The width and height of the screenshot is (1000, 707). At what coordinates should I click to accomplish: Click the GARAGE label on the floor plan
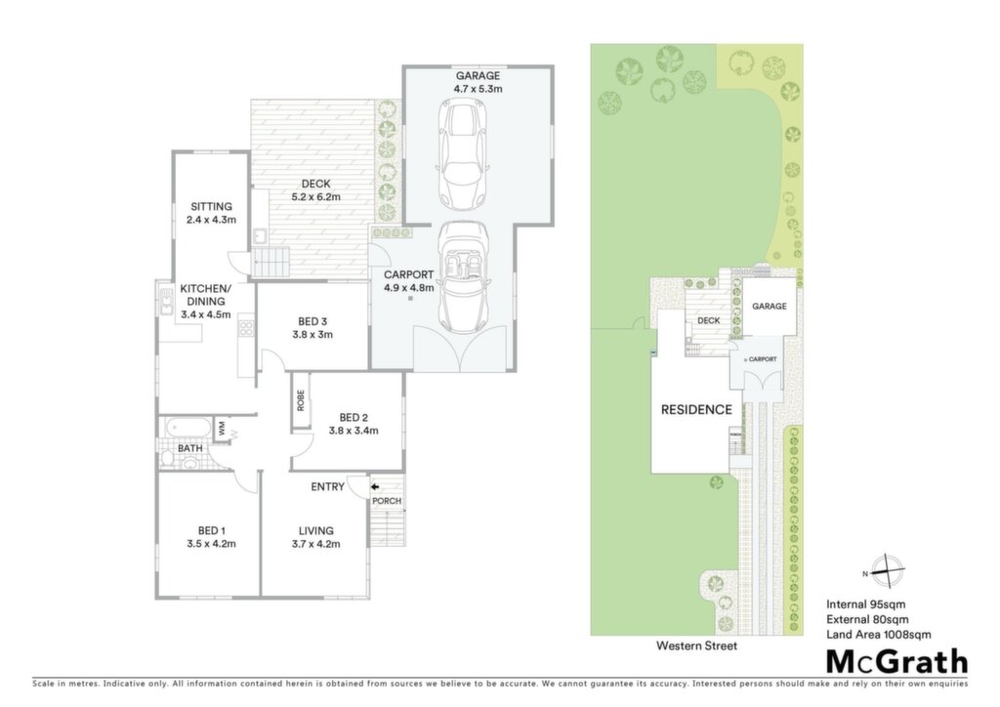coord(478,76)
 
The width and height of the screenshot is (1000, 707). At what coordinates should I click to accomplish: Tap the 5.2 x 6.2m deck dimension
coord(315,197)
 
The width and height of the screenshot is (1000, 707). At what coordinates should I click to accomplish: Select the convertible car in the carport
coord(464,276)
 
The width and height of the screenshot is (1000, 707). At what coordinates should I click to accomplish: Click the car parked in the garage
coord(462,155)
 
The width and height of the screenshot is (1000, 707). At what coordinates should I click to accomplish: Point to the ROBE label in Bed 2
coord(301,400)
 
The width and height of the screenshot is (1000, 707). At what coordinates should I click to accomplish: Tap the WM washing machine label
coord(222,428)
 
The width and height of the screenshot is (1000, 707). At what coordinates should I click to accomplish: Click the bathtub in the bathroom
coord(187,428)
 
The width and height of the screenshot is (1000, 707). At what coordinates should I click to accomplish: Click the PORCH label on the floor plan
coord(387,501)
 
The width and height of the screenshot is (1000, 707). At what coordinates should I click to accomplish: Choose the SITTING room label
coord(211,207)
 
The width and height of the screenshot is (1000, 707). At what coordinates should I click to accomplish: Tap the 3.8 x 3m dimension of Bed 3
coord(312,335)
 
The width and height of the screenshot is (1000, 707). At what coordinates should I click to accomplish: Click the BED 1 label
coord(211,530)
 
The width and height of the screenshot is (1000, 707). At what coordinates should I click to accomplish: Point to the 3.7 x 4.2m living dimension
coord(315,544)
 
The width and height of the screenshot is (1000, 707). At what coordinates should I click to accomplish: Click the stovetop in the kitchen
coord(245,328)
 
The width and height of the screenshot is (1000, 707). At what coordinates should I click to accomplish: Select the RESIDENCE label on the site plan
coord(696,410)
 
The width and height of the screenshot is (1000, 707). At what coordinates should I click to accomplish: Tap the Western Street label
coord(697,645)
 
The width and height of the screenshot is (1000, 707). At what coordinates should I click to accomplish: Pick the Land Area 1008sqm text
coord(879,635)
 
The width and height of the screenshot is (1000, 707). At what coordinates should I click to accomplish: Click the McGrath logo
coord(897,662)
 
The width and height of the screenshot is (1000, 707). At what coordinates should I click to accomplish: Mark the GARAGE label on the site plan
coord(770,306)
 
